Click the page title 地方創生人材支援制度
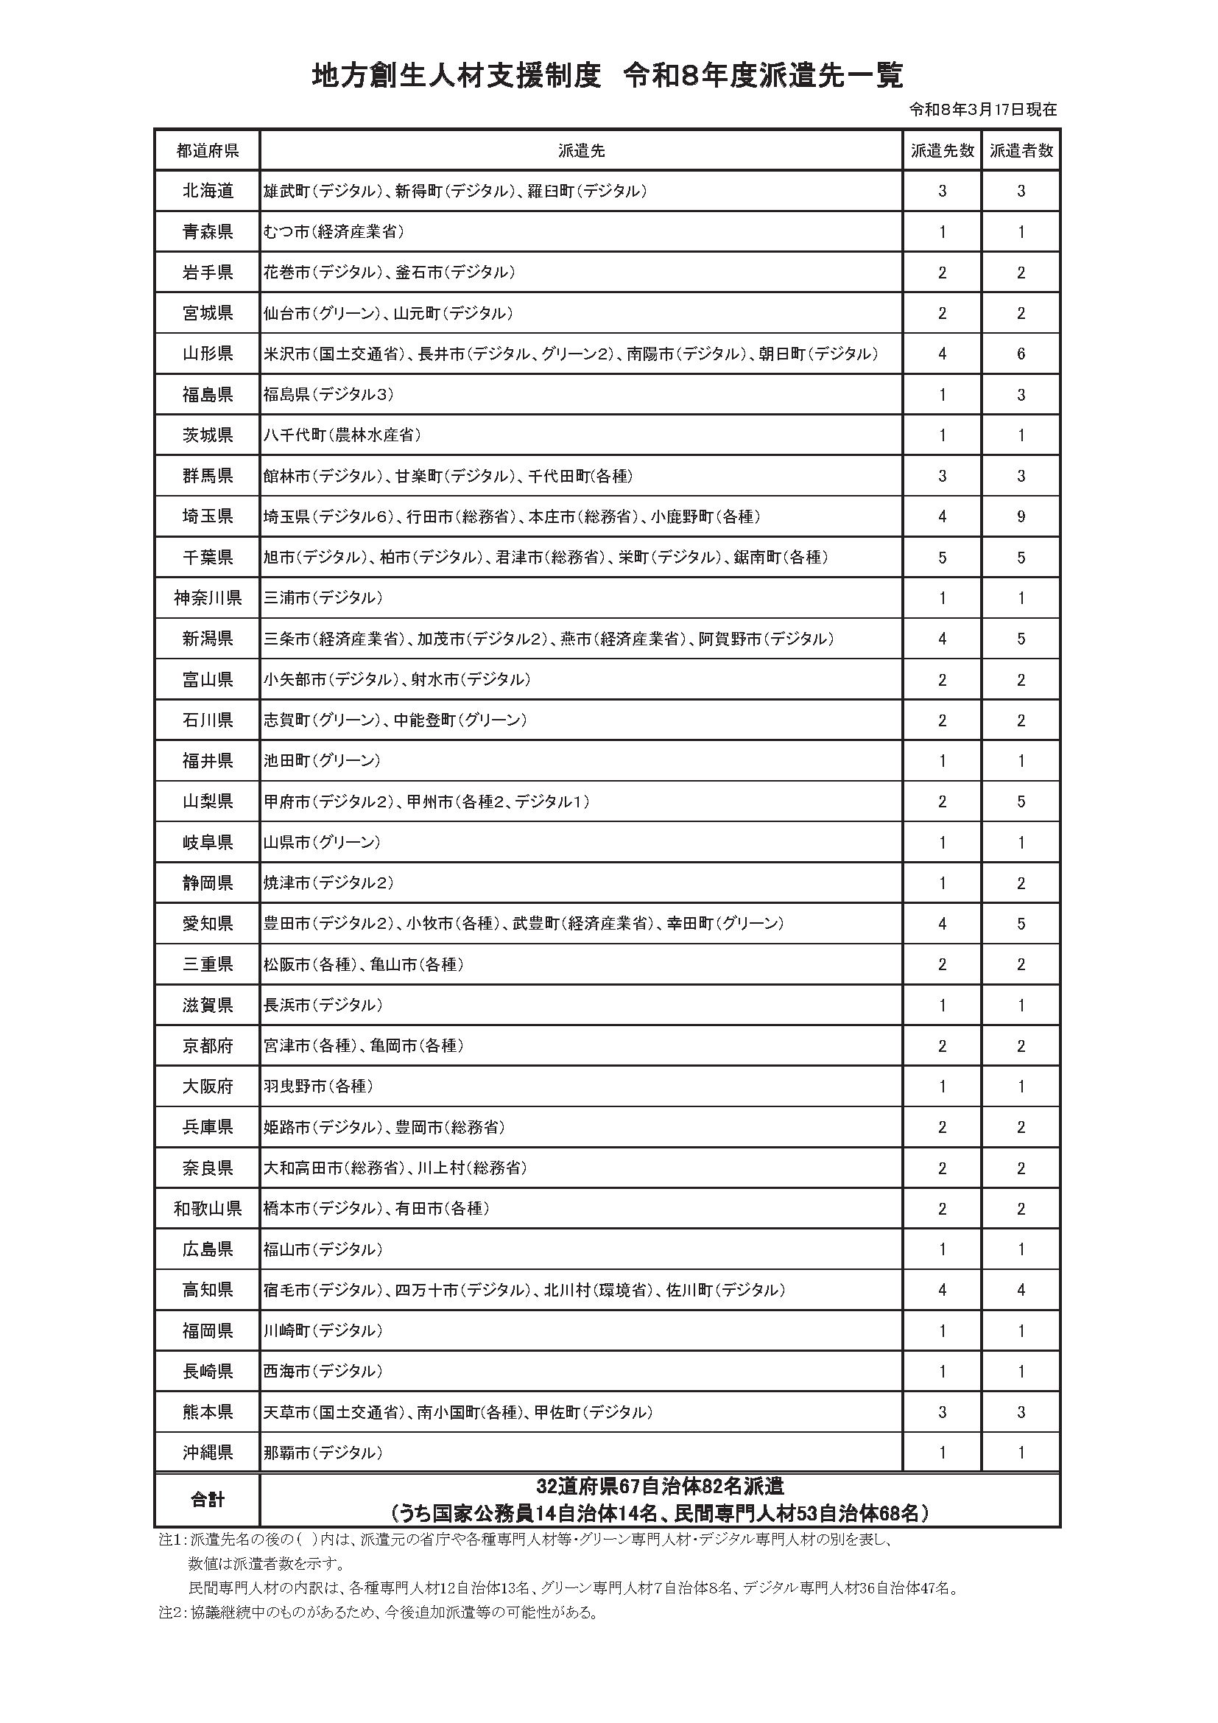[x=456, y=76]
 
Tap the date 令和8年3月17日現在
[x=982, y=110]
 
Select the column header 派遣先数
[x=942, y=151]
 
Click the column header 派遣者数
[x=1021, y=151]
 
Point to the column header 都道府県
[x=207, y=151]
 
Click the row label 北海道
[x=207, y=192]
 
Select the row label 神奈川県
[x=207, y=598]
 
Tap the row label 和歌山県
[x=207, y=1208]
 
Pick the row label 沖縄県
[x=207, y=1453]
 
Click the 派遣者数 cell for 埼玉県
[x=1021, y=517]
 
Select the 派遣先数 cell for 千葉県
[x=942, y=558]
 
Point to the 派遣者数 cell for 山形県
[x=1021, y=354]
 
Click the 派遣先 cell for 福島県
[x=328, y=395]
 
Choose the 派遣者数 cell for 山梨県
[x=1021, y=801]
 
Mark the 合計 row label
[x=207, y=1500]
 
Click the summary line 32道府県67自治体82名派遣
[x=660, y=1486]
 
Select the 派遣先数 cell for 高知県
[x=942, y=1290]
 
